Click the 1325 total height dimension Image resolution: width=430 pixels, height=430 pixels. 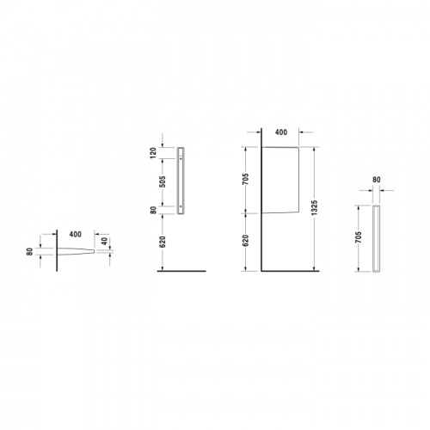coord(315,208)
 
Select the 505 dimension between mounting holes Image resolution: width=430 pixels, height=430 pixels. coord(163,181)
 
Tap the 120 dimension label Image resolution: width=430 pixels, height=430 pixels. coord(153,153)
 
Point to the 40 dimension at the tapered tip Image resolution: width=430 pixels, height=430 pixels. coord(105,241)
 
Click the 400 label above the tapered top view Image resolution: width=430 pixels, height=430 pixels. coord(76,234)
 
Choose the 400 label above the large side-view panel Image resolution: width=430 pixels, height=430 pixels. coord(281,132)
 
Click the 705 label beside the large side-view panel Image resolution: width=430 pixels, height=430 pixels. coord(246,179)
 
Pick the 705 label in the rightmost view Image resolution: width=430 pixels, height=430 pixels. coord(359,237)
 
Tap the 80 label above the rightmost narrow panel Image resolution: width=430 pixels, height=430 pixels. coord(377,180)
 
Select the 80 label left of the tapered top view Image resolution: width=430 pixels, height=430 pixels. coord(30,252)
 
